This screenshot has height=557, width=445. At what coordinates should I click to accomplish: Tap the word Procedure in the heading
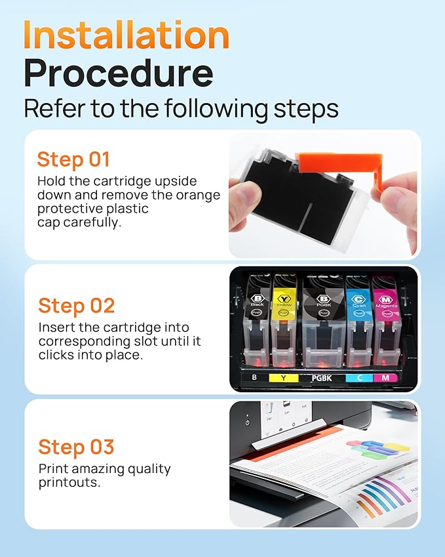119,73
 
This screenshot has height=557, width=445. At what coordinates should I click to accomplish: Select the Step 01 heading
73,159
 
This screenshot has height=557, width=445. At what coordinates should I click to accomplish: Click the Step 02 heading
76,306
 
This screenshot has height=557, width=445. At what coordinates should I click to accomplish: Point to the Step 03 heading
76,447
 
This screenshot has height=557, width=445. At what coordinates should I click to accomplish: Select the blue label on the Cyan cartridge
358,301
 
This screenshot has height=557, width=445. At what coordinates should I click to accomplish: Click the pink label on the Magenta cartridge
386,301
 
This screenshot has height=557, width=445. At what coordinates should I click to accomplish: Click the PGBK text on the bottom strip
322,378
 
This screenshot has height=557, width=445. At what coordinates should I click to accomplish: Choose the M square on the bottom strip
385,378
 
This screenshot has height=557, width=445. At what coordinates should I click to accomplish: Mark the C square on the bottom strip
358,378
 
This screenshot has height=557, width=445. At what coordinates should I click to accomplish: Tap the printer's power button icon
247,423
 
